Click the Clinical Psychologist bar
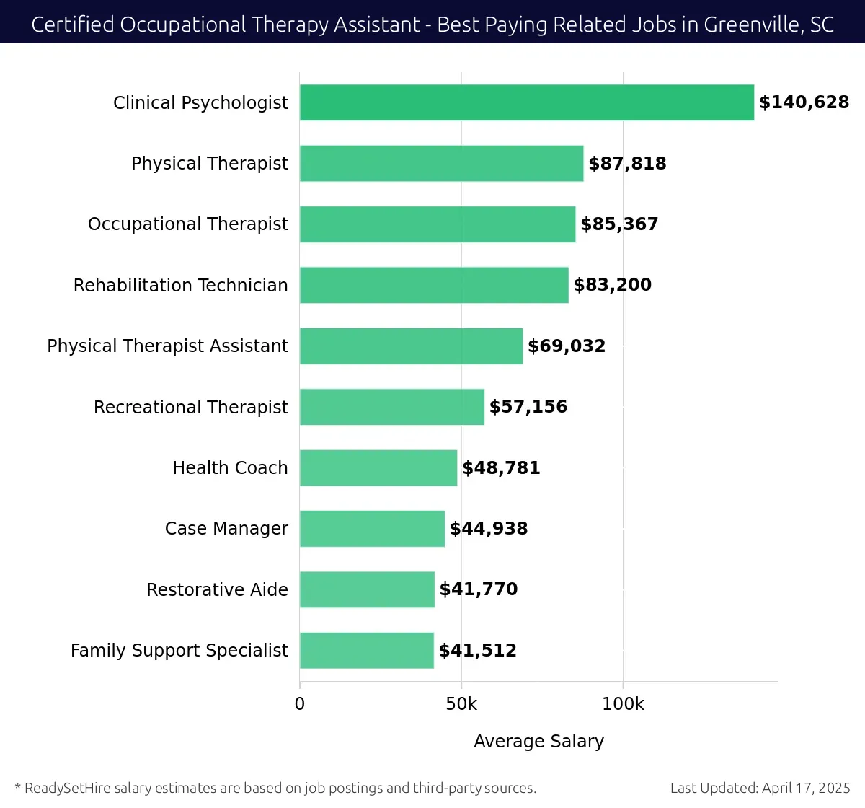coord(526,102)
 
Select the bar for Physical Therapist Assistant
coord(411,346)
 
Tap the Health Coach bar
coord(378,467)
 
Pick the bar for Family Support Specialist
coord(367,651)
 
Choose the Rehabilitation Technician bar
coord(434,285)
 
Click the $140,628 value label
coord(804,102)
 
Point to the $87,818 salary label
coord(627,164)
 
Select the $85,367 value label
coord(619,224)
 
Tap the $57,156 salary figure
coord(528,407)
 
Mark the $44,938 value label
coord(488,529)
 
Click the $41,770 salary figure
coord(478,589)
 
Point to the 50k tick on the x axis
coord(461,704)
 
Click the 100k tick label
coord(623,704)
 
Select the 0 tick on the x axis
coord(300,704)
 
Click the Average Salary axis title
coord(538,742)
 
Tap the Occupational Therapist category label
coord(187,224)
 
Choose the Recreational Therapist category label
coord(190,408)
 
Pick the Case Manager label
coord(226,529)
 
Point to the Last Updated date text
coord(760,788)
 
